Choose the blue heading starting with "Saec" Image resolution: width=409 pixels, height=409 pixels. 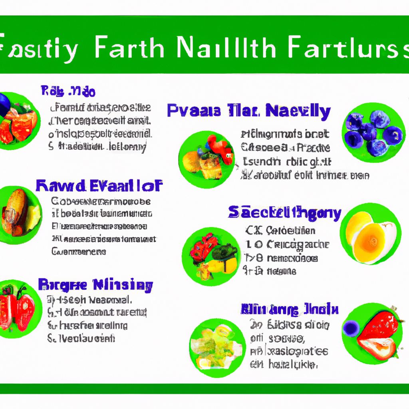(x=284, y=212)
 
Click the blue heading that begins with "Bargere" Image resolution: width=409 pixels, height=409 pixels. (x=95, y=285)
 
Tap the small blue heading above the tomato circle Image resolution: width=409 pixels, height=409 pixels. (x=68, y=91)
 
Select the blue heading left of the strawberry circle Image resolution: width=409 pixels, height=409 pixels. (x=290, y=309)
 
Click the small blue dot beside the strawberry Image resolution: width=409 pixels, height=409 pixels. (x=351, y=328)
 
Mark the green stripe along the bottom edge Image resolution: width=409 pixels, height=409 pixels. (x=204, y=389)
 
